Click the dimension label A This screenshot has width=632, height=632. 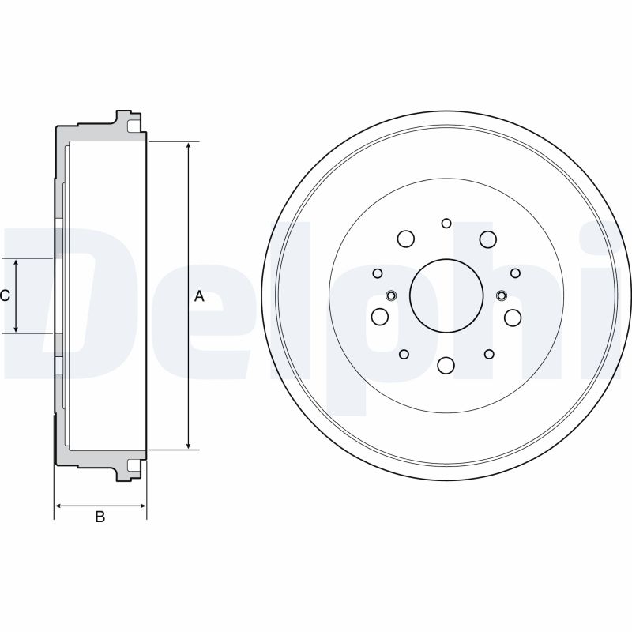pyautogui.click(x=199, y=296)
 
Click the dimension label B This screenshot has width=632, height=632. pyautogui.click(x=100, y=517)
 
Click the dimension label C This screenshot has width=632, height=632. pyautogui.click(x=5, y=295)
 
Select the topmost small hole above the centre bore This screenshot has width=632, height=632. pyautogui.click(x=446, y=224)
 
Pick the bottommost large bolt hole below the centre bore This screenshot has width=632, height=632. pyautogui.click(x=446, y=365)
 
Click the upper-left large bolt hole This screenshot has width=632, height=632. pyautogui.click(x=405, y=239)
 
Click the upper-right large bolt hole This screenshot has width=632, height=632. pyautogui.click(x=487, y=239)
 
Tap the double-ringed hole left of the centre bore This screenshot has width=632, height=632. pyautogui.click(x=390, y=295)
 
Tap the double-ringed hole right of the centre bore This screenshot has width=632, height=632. pyautogui.click(x=502, y=295)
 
